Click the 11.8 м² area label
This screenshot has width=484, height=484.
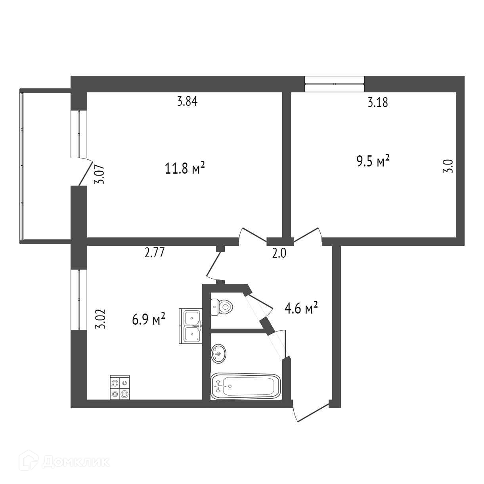tap(184, 169)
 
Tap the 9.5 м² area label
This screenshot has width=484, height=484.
tap(373, 162)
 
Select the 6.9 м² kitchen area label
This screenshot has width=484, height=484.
tap(149, 319)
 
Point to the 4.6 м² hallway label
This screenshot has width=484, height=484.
tap(302, 308)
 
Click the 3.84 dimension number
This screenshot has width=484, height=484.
tap(187, 101)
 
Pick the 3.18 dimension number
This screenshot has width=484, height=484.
tap(378, 103)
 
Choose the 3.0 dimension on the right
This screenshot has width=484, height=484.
tap(448, 165)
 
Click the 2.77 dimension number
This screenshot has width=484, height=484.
tap(154, 253)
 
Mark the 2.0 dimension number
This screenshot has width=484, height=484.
tap(279, 253)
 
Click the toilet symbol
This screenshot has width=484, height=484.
tap(222, 306)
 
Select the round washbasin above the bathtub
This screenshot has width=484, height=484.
tap(218, 353)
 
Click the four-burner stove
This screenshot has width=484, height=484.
tap(120, 387)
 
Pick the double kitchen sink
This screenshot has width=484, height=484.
tap(191, 326)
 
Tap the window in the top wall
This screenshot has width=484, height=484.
tap(335, 84)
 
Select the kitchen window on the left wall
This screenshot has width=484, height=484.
tap(78, 299)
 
